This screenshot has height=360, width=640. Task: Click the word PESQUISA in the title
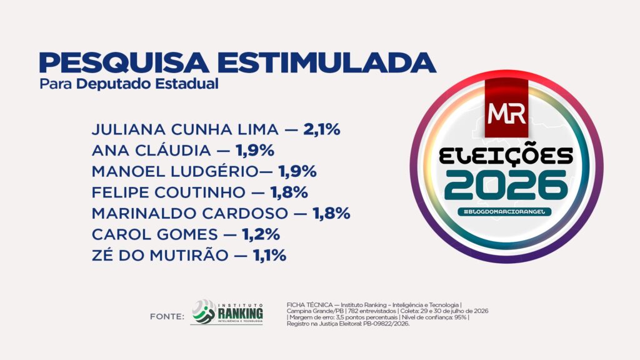point(124,63)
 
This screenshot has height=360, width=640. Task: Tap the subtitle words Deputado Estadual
point(147,84)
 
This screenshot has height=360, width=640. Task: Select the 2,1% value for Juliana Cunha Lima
point(322,129)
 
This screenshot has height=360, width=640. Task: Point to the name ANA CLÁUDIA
point(151,149)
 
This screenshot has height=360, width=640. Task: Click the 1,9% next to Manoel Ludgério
point(297,171)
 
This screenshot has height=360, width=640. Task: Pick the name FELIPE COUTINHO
point(169,192)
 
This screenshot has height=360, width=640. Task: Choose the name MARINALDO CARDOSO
point(190,214)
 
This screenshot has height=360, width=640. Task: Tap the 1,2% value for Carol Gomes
point(261,235)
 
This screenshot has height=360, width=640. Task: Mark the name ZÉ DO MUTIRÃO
point(160,255)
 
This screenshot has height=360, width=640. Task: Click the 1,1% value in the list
point(270,256)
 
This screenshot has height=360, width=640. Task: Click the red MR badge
point(506,109)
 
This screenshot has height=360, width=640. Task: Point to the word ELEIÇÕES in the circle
point(506,156)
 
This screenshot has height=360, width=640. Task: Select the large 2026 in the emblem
point(506,185)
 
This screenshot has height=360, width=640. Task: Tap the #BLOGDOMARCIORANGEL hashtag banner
point(504,212)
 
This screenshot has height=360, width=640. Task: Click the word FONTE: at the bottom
point(167,317)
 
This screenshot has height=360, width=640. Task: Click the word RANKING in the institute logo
point(241,314)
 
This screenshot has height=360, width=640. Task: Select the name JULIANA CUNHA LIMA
point(185,129)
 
